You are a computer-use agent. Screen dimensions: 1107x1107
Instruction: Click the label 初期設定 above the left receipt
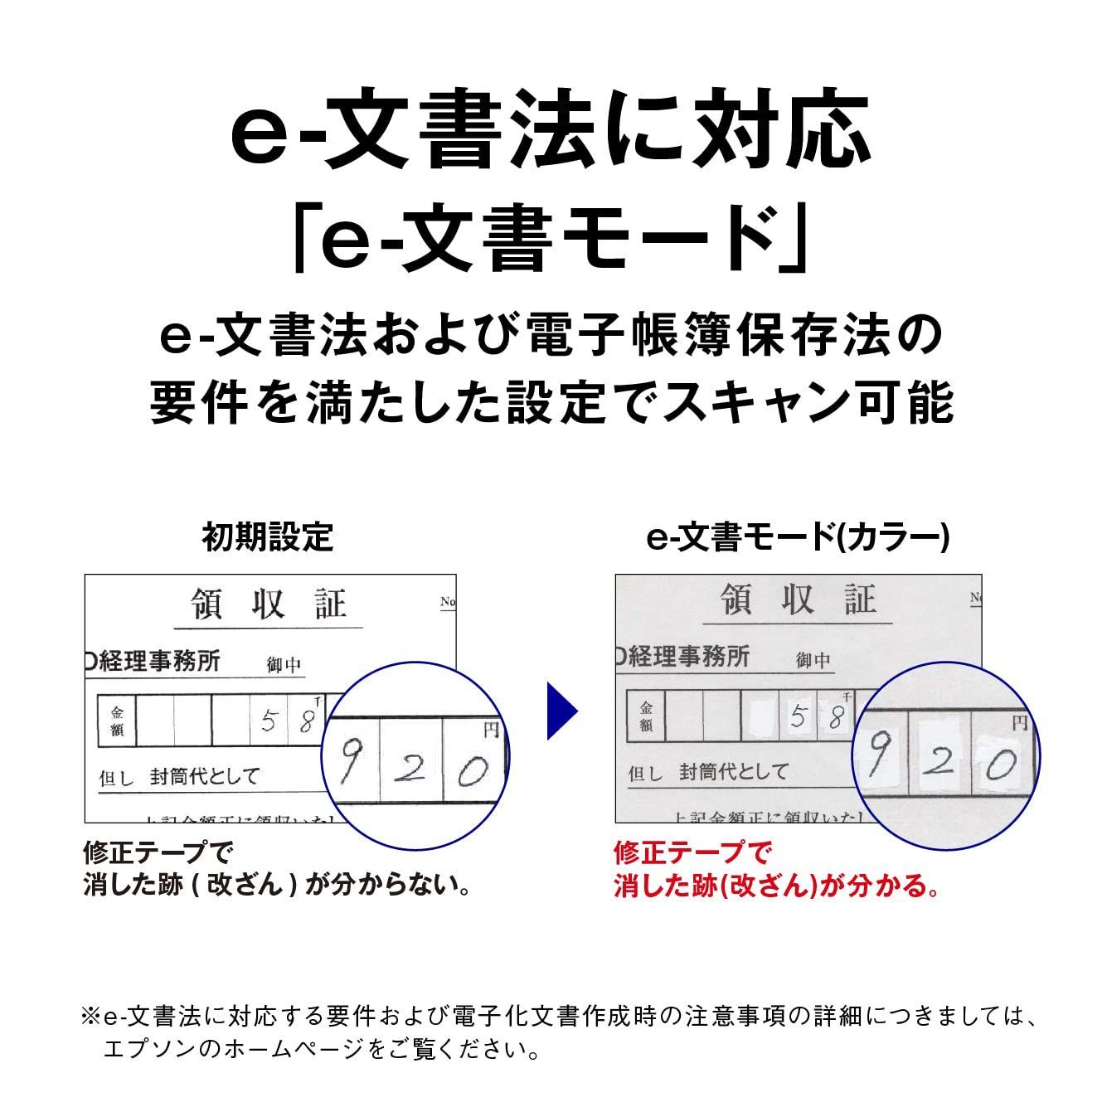point(267,537)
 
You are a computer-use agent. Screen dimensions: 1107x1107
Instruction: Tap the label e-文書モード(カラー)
point(797,537)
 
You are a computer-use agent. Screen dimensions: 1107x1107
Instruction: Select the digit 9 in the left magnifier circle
point(350,763)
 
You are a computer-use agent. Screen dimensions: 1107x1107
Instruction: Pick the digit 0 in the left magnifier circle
point(473,773)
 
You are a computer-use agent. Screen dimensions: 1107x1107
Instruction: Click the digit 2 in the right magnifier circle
point(939,759)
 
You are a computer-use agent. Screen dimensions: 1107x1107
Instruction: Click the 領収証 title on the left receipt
point(268,604)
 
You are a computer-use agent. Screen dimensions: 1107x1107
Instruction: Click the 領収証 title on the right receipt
point(798,599)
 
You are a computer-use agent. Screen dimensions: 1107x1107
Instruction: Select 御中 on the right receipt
point(813,660)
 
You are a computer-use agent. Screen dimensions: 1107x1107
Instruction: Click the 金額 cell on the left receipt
point(117,721)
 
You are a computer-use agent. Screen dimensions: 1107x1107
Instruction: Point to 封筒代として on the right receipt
point(733,772)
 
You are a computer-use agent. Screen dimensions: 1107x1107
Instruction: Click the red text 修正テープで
point(692,852)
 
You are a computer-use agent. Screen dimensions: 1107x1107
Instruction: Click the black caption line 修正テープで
point(158,852)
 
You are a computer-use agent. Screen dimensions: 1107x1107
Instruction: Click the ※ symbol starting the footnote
point(90,1016)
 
